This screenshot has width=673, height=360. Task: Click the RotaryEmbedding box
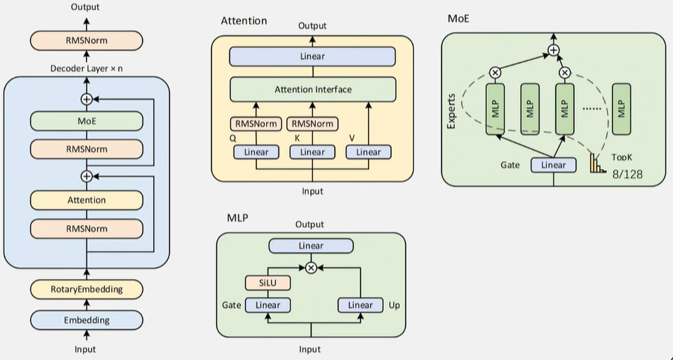(x=87, y=289)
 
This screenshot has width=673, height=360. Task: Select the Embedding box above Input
(x=87, y=320)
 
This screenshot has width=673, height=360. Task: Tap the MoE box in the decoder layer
(x=87, y=121)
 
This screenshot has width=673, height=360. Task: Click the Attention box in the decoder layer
(x=87, y=200)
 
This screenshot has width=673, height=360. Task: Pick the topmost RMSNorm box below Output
(x=87, y=40)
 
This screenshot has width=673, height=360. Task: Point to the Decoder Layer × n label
(x=87, y=68)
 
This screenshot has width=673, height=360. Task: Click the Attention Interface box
(x=312, y=89)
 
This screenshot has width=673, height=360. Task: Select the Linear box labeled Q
(x=256, y=152)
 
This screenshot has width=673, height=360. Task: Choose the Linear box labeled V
(x=368, y=152)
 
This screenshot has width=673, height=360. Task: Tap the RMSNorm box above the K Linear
(x=312, y=124)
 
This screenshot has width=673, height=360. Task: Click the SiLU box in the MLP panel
(x=268, y=283)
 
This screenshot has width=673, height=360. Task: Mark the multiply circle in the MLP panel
(x=311, y=268)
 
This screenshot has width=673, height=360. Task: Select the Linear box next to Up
(x=361, y=305)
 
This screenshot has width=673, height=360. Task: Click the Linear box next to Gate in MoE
(x=554, y=165)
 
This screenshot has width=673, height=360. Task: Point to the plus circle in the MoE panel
(x=553, y=50)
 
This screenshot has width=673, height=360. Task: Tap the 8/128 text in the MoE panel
(x=628, y=174)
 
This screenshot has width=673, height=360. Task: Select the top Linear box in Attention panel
(x=312, y=57)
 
